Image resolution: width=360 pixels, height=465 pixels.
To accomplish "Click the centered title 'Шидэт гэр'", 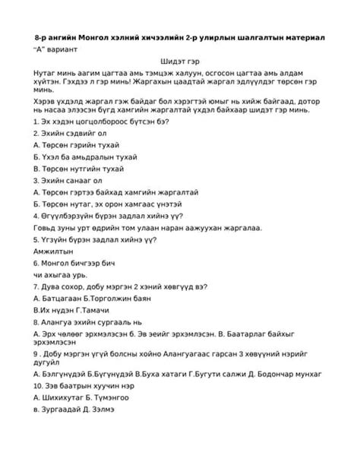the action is coord(179,60).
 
